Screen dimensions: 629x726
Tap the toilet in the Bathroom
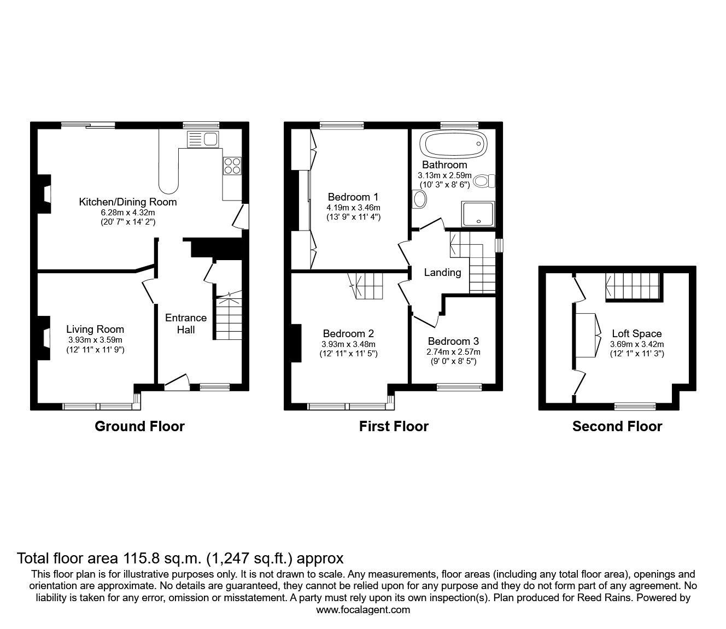point(484,181)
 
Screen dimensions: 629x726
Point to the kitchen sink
point(203,139)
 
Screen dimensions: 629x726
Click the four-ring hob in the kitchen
point(232,166)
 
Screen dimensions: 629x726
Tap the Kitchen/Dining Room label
point(128,202)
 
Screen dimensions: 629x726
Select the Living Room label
point(95,330)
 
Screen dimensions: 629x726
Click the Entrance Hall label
point(186,324)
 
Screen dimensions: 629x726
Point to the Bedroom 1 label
point(353,197)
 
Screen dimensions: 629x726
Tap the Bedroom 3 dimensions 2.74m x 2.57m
point(453,352)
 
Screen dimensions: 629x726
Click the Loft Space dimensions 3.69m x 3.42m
point(636,344)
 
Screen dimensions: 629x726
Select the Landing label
point(442,272)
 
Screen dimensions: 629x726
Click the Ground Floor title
point(139,426)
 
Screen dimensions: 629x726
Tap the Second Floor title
point(617,426)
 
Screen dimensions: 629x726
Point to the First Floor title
point(394,426)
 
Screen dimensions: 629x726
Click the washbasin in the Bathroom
point(420,199)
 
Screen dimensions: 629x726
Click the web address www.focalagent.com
point(363,610)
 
